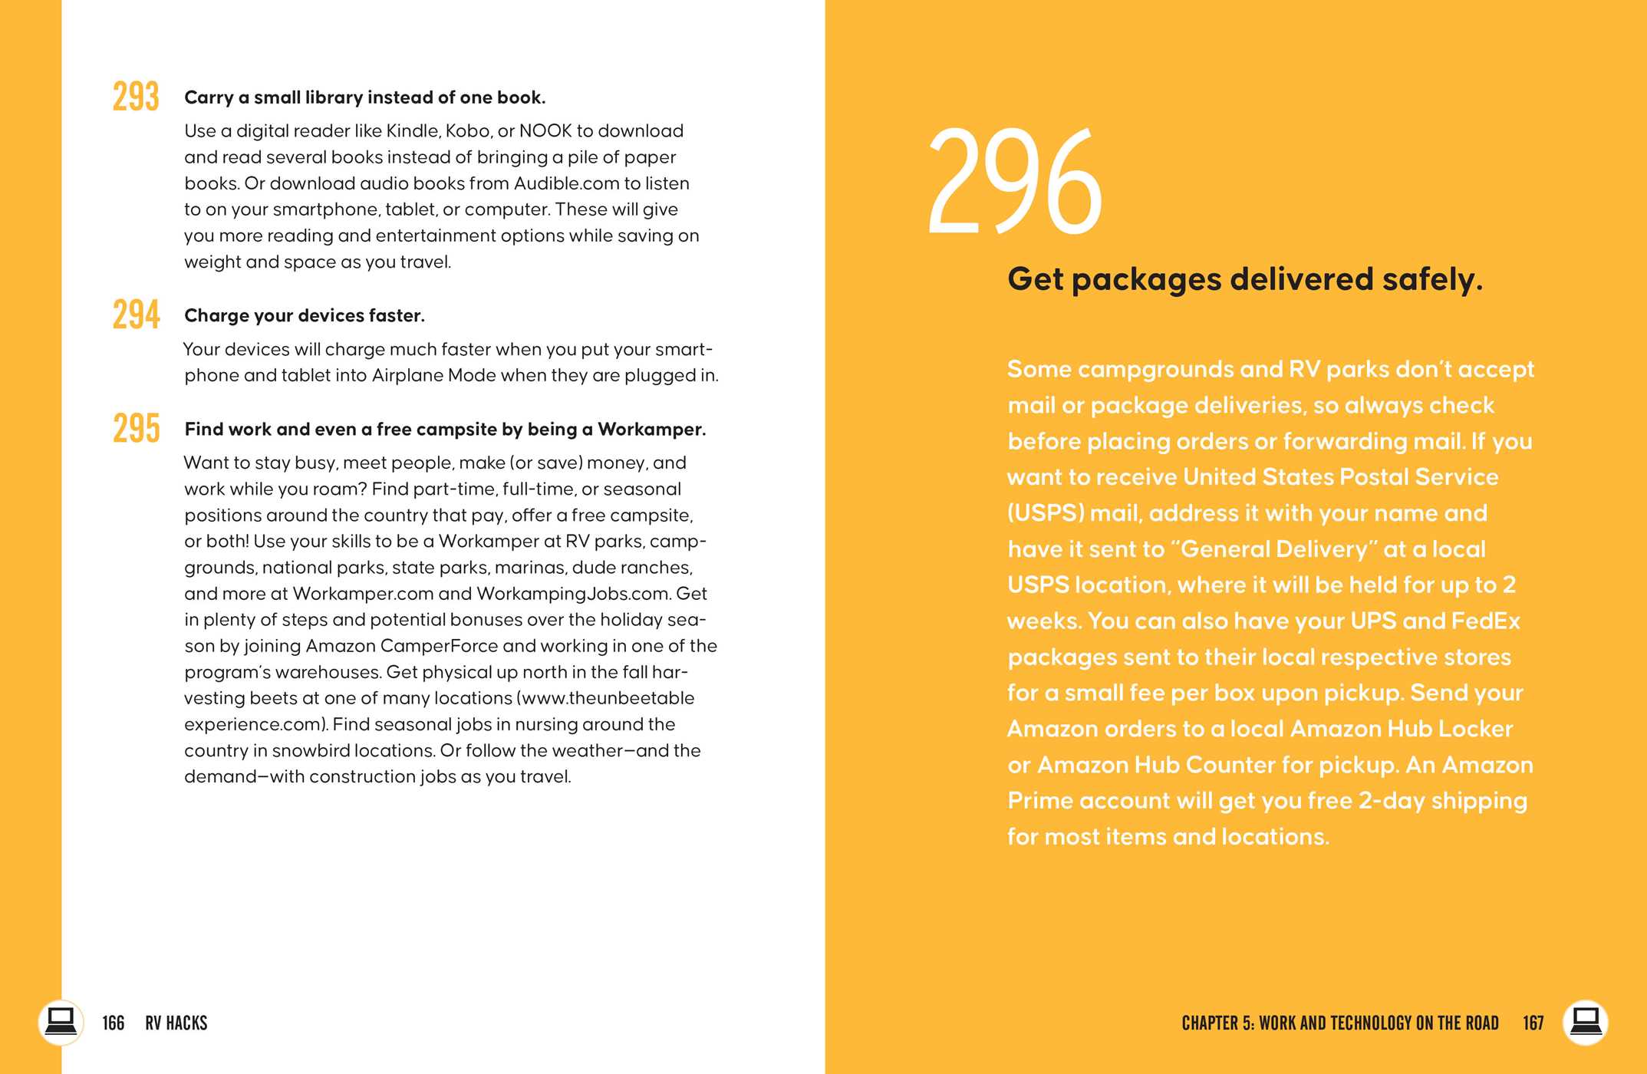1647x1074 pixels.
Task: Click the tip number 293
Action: pos(136,97)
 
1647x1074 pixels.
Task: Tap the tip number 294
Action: pos(136,315)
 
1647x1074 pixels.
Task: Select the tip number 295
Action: pos(136,428)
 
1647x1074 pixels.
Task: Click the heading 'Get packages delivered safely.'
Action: pos(1244,279)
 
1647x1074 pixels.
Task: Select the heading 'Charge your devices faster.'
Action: pos(304,315)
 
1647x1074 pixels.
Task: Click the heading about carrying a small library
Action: pos(364,97)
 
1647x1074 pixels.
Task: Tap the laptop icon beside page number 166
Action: pos(60,1022)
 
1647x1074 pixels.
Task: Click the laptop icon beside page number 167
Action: pos(1585,1022)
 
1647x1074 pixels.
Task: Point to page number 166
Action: pos(113,1023)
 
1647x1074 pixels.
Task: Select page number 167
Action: pos(1533,1023)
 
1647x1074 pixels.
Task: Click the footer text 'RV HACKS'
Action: pos(176,1023)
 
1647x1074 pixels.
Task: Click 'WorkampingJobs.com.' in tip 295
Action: pos(573,594)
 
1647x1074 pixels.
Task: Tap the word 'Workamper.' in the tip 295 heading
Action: pos(651,429)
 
